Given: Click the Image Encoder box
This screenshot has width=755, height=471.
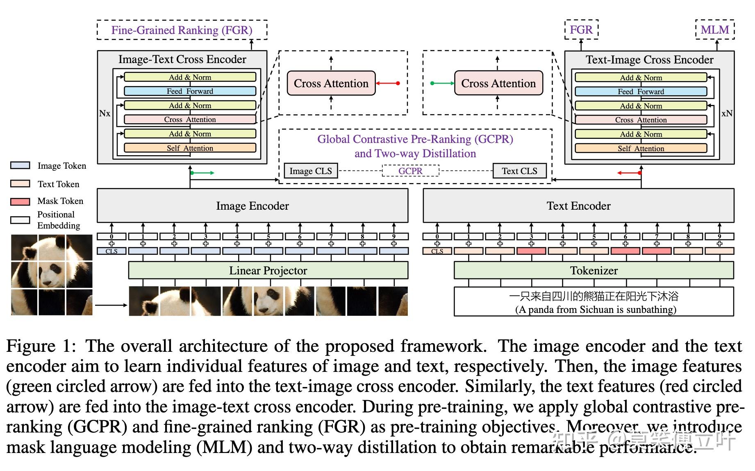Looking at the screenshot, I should coord(252,206).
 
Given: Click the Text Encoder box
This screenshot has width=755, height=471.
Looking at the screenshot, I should coord(578,206).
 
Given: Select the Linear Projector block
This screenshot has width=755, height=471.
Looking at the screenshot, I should coord(268,270).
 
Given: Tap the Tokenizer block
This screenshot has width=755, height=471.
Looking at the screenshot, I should coord(594,270).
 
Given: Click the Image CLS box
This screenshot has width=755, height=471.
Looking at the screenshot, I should coord(310,171).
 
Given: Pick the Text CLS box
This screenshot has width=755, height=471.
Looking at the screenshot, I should coord(519,171).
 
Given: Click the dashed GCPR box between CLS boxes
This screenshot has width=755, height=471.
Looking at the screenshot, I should coord(410,171).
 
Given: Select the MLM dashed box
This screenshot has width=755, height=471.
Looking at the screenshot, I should coord(714,30).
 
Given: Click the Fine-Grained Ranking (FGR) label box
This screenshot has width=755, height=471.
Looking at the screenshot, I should coord(182,30).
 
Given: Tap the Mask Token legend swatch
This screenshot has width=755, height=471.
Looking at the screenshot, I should coord(20,202).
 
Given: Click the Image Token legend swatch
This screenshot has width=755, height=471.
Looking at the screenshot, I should coord(20,165).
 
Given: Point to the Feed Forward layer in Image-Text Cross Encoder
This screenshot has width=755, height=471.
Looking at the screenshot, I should coord(190,91).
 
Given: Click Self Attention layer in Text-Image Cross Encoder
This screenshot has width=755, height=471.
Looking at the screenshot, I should coord(641,148).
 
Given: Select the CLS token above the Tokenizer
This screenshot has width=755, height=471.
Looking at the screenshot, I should coord(437,251).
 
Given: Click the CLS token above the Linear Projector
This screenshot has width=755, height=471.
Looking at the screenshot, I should coord(111,251).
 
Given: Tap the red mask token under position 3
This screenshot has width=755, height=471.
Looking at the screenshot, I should coord(531,251).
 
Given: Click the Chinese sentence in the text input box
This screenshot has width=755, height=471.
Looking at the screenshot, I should coord(594,296).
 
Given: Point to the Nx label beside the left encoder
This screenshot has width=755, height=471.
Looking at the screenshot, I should coord(105,113).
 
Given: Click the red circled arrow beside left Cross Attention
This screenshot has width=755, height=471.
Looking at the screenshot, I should coord(388,83).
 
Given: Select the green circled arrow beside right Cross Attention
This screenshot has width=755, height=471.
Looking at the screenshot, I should coord(442,83).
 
